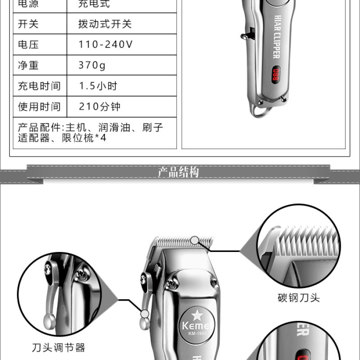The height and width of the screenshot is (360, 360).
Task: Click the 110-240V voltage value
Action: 105,44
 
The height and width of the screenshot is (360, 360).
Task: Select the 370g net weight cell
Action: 92,65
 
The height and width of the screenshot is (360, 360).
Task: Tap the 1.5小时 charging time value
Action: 98,86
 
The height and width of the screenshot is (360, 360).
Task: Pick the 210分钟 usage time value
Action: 99,107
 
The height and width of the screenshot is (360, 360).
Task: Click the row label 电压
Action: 28,44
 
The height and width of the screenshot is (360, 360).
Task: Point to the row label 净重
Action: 28,65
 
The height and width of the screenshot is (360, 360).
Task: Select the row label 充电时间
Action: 39,86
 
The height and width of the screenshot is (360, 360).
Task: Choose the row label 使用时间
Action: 39,107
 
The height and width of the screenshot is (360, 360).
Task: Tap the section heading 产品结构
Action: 178,172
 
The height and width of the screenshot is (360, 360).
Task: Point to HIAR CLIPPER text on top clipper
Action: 277,37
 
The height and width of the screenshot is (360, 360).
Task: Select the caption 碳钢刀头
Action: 298,298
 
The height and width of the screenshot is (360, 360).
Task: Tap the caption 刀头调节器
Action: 58,347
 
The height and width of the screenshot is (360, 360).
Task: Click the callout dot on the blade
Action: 195,240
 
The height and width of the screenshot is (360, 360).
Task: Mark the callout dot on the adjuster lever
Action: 144,314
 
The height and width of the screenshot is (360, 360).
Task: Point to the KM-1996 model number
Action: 197,333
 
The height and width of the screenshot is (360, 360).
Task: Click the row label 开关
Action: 28,24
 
